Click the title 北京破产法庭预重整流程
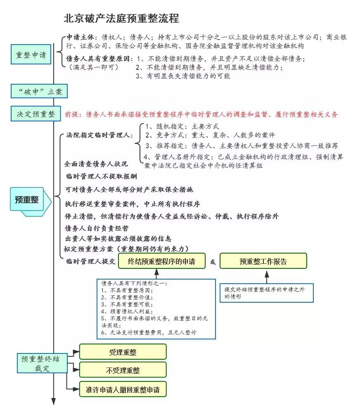[121, 19]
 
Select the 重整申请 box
[31, 55]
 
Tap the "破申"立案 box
[39, 91]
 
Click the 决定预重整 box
[36, 114]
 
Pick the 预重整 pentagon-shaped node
[31, 202]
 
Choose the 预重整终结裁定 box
[43, 363]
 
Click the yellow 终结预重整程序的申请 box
[162, 261]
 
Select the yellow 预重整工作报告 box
[263, 261]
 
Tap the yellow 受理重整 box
[123, 352]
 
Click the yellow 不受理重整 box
[123, 370]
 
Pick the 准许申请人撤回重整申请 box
[123, 389]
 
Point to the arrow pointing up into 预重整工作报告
[267, 277]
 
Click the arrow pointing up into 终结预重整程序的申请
[157, 274]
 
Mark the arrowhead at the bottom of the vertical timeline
[54, 401]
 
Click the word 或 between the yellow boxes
[213, 262]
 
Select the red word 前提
[72, 114]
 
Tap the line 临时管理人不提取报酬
[102, 176]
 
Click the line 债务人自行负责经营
[97, 228]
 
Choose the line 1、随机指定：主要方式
[182, 126]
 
